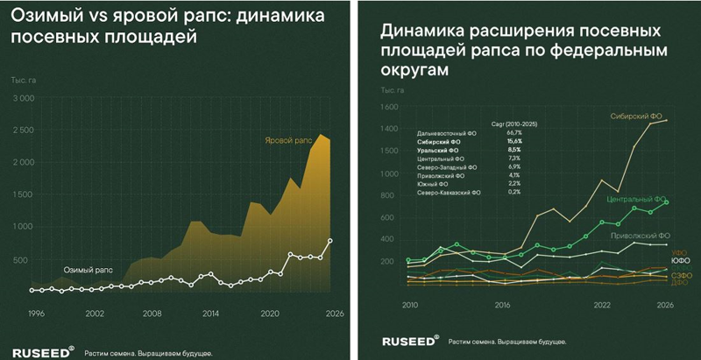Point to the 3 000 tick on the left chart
click(22, 99)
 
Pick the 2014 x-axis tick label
click(210, 313)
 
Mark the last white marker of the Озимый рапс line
click(330, 240)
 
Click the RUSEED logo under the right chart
click(410, 342)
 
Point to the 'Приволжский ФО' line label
click(641, 235)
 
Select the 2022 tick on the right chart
click(602, 306)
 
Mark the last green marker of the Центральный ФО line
click(666, 202)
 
